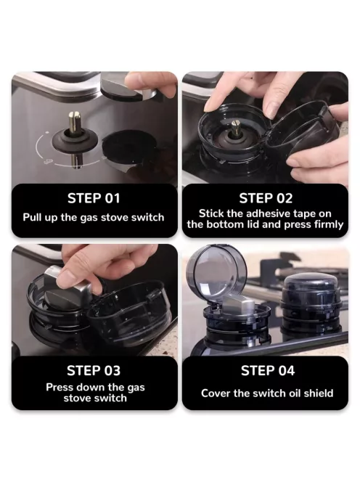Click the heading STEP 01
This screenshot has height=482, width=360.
[x=94, y=198]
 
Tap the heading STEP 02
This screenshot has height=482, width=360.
[x=266, y=198]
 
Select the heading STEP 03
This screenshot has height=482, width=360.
[x=94, y=370]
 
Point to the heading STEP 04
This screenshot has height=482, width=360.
[x=268, y=370]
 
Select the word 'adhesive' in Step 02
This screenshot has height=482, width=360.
[x=268, y=213]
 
